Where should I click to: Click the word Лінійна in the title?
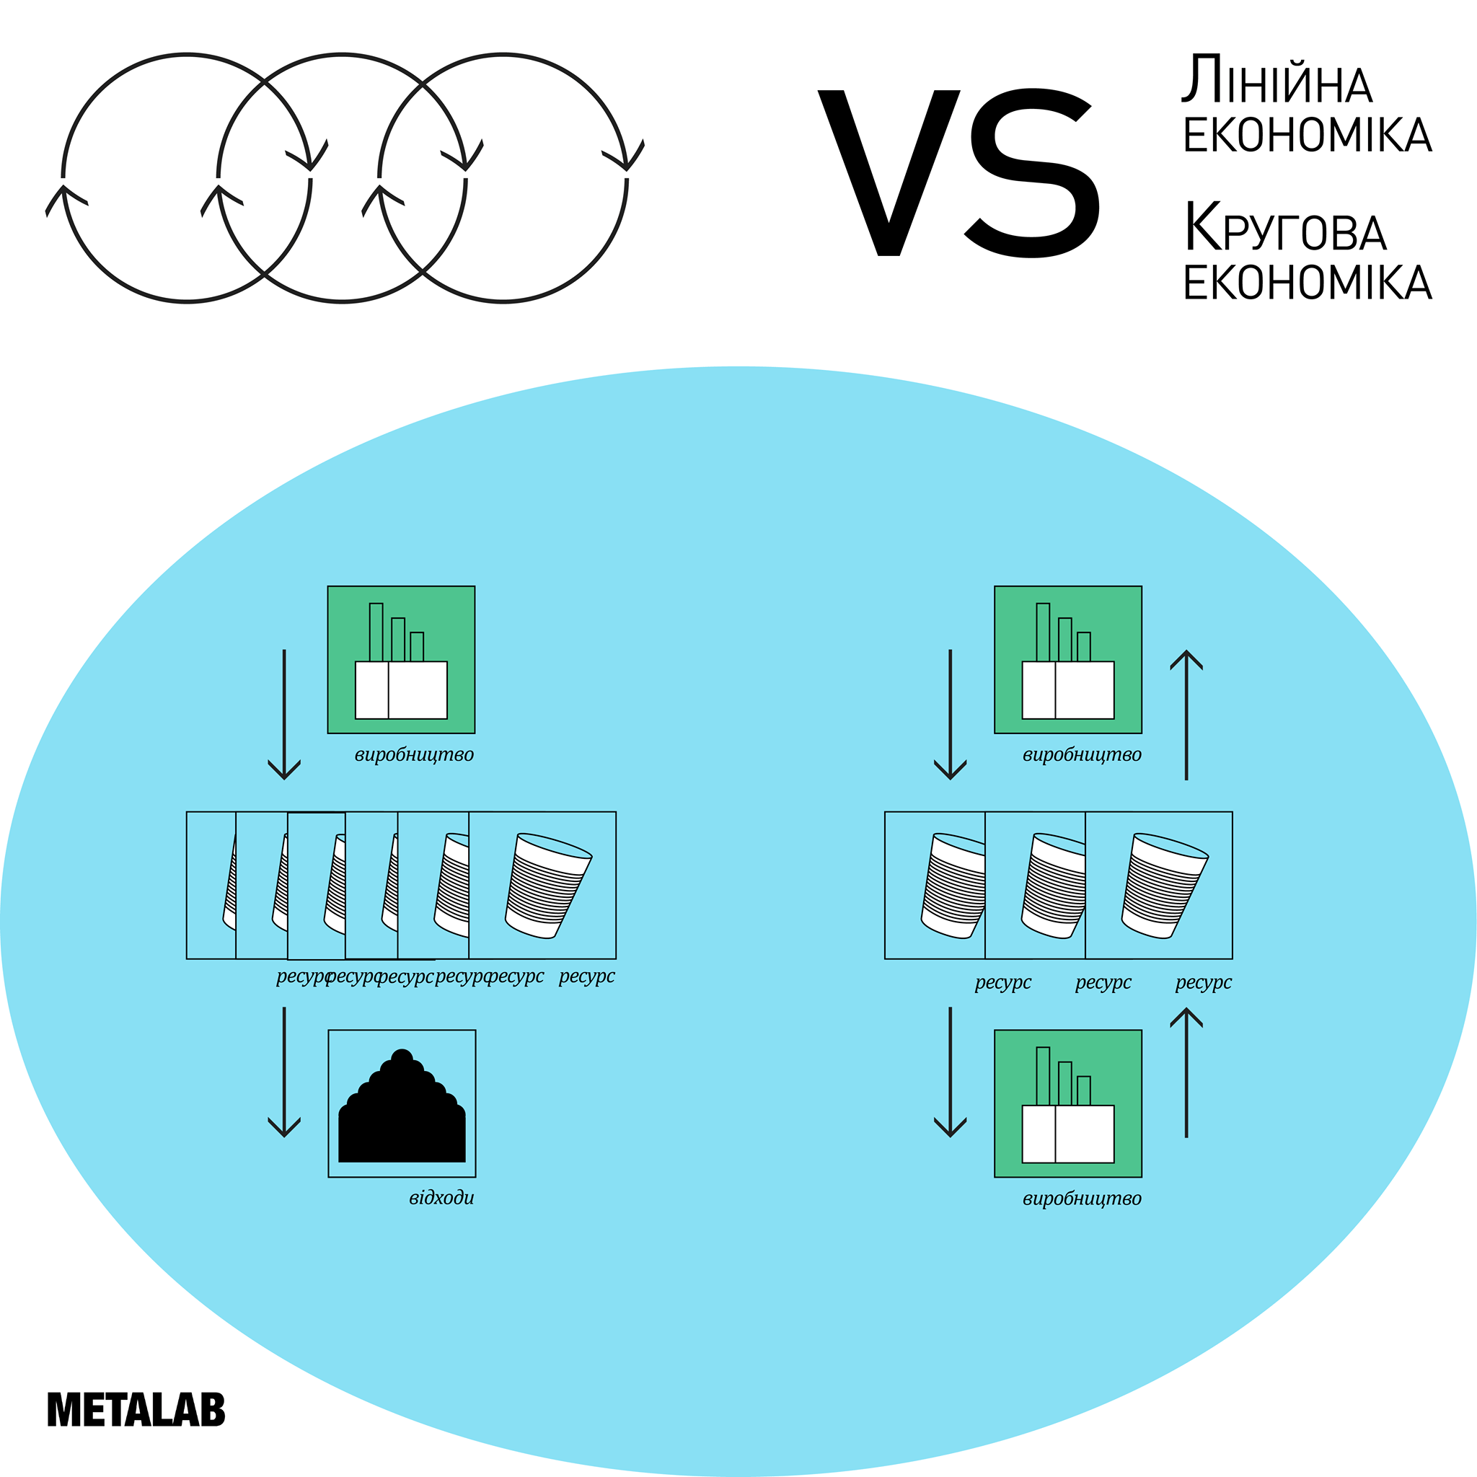pyautogui.click(x=1277, y=79)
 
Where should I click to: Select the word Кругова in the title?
pyautogui.click(x=1285, y=227)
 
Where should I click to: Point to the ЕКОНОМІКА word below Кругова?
pyautogui.click(x=1308, y=283)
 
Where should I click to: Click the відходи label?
pyautogui.click(x=441, y=1197)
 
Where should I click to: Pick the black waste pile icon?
pyautogui.click(x=402, y=1106)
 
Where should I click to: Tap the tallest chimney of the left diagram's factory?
pyautogui.click(x=376, y=632)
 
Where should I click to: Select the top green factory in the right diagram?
pyautogui.click(x=1068, y=660)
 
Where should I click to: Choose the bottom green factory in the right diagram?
pyautogui.click(x=1068, y=1104)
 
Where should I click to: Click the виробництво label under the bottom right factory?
pyautogui.click(x=1082, y=1199)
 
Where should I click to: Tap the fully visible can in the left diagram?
pyautogui.click(x=548, y=886)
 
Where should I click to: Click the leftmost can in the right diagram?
pyautogui.click(x=953, y=886)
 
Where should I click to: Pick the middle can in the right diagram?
pyautogui.click(x=1054, y=886)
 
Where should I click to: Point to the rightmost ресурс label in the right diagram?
pyautogui.click(x=1204, y=983)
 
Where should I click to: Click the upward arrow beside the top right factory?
pyautogui.click(x=1186, y=715)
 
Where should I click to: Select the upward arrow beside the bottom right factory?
pyautogui.click(x=1186, y=1072)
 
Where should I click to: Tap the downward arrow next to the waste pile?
pyautogui.click(x=284, y=1072)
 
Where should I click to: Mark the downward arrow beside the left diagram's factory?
pyautogui.click(x=284, y=715)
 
